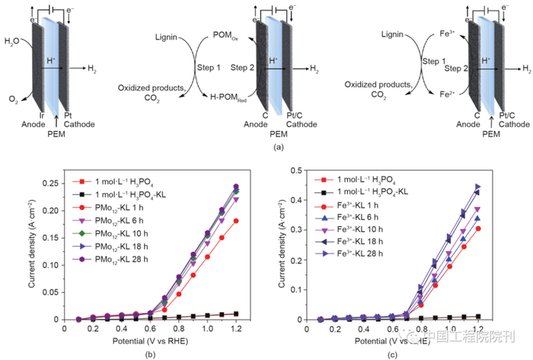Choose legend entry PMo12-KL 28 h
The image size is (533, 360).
[124, 260]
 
